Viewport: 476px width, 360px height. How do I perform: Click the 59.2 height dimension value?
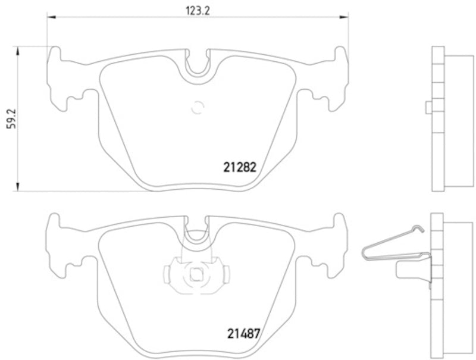(10, 118)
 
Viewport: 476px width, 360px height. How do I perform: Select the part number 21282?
(239, 168)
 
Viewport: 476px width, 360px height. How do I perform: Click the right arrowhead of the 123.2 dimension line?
(345, 18)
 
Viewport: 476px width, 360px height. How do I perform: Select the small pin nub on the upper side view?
(428, 107)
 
